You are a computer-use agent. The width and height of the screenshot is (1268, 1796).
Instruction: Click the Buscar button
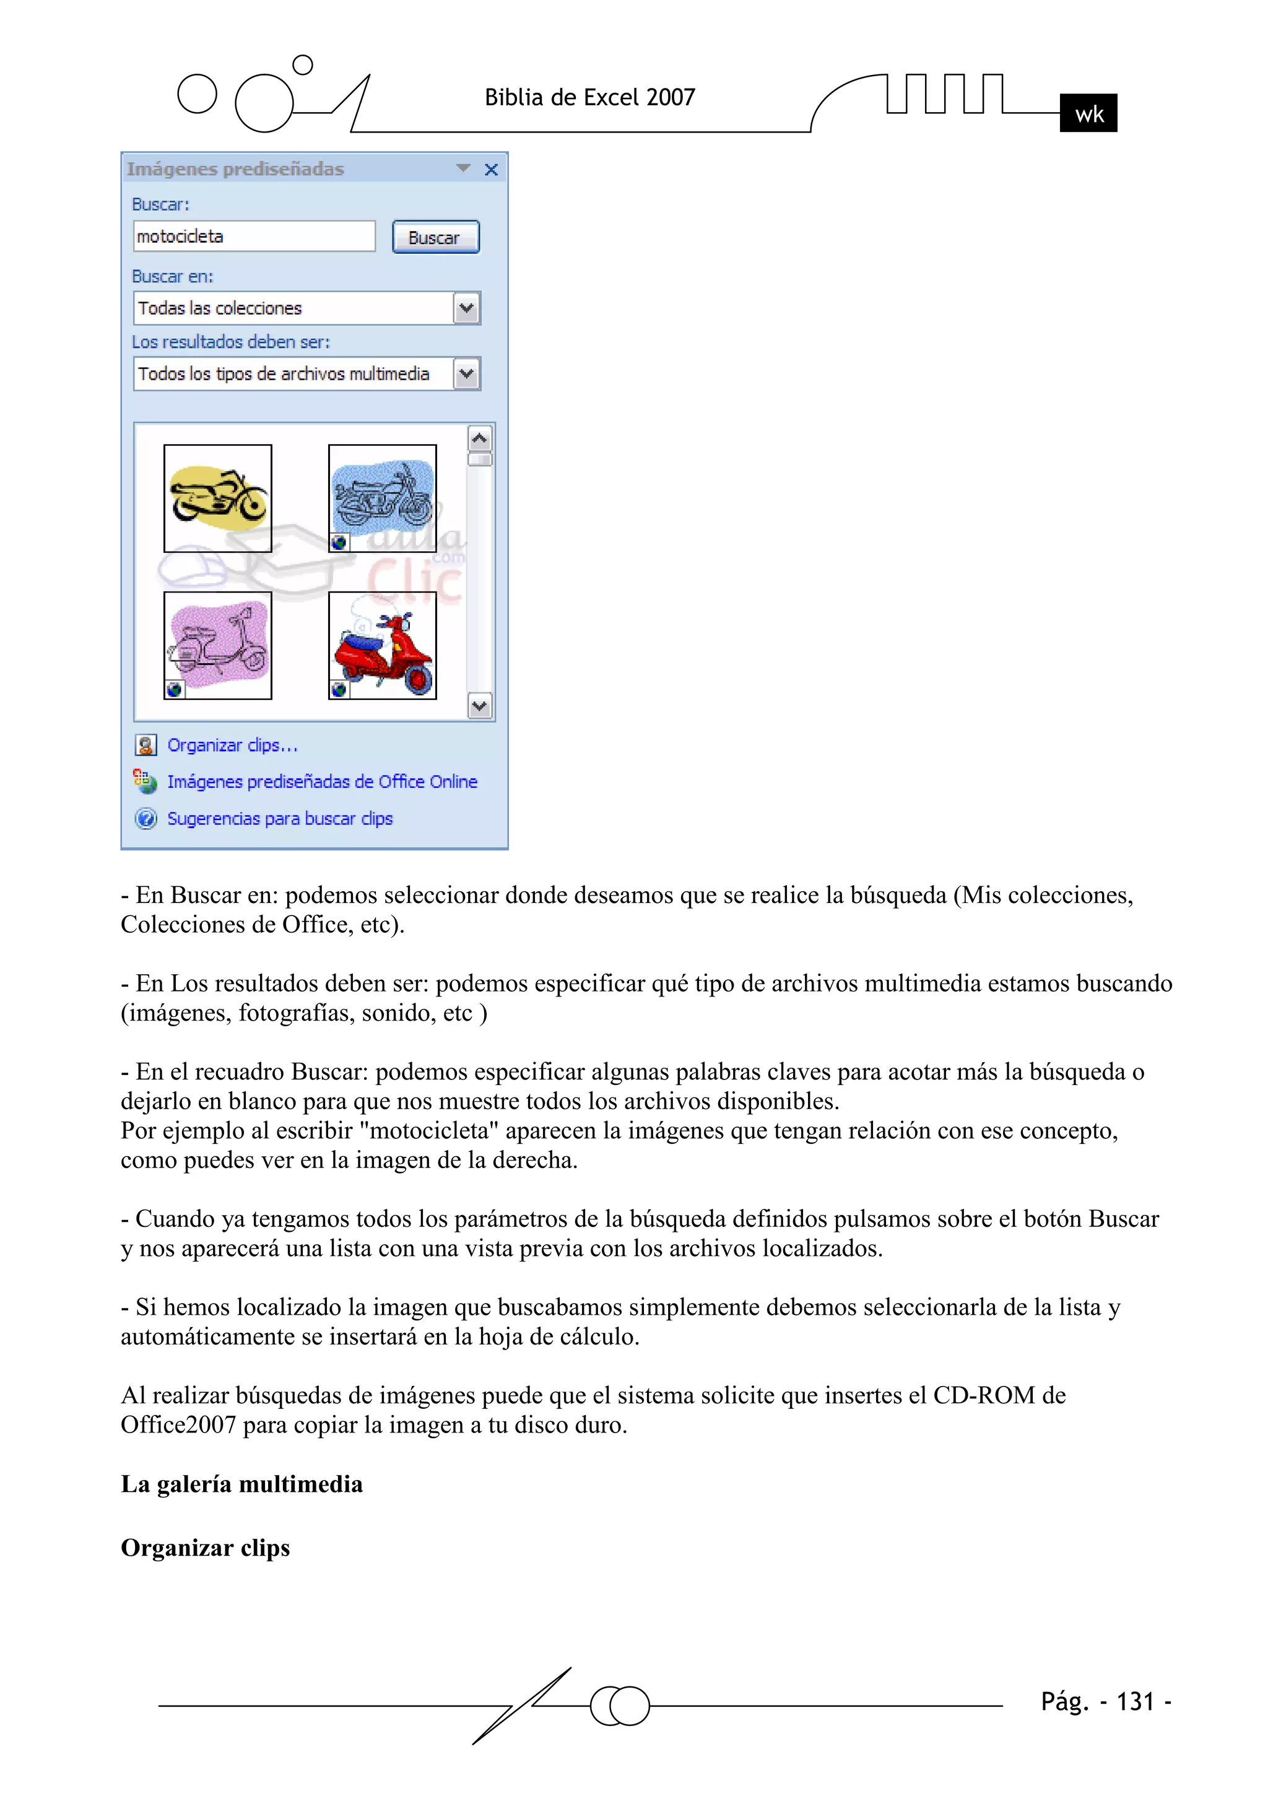click(x=435, y=237)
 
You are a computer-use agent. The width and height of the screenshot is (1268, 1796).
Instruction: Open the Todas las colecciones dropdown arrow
click(x=466, y=308)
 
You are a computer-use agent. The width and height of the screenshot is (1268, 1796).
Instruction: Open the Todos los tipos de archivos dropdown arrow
click(x=466, y=374)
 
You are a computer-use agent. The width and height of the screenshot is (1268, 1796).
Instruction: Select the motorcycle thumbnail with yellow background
click(x=217, y=499)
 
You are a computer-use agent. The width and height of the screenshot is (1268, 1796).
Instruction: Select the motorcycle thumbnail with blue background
click(x=382, y=499)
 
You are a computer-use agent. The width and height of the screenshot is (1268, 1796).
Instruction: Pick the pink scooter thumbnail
click(x=217, y=645)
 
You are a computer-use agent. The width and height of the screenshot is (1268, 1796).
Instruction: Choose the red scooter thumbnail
click(x=382, y=645)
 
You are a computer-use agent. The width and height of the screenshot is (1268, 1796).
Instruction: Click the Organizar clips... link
click(x=232, y=746)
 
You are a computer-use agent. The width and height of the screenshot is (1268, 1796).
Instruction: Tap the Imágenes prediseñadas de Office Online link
click(x=321, y=782)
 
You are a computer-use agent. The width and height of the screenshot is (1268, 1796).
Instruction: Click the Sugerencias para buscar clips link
click(x=279, y=818)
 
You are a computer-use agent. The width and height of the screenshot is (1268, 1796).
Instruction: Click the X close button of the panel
click(x=491, y=170)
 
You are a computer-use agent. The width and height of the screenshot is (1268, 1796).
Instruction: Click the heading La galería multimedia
click(x=241, y=1484)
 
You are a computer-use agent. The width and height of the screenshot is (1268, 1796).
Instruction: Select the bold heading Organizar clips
click(x=205, y=1548)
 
